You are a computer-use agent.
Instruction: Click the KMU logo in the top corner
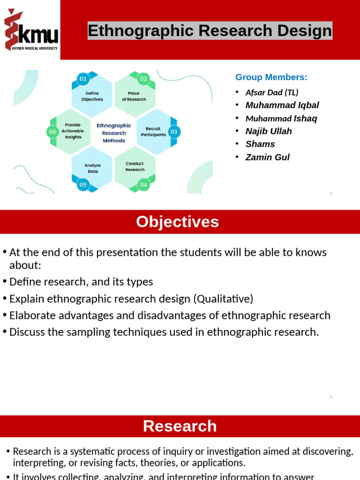coord(30,30)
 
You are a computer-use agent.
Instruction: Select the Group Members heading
coord(271,77)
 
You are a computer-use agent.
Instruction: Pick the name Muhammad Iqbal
coord(282,105)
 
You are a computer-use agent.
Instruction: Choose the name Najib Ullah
coord(269,131)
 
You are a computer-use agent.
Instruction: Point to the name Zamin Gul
coord(267,157)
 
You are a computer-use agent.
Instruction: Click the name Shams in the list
coord(260,144)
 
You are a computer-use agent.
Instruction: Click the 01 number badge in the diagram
coord(83,79)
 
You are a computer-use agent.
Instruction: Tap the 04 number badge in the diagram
coord(143,185)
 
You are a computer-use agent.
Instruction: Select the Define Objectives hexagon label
coord(92,96)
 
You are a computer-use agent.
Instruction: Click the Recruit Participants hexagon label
coord(153,131)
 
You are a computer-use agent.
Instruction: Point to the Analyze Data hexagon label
coord(92,168)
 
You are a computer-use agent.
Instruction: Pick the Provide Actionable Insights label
coord(73,131)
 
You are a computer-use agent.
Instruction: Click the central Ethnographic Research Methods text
coord(114,133)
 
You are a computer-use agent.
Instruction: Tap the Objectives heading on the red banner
coord(177,222)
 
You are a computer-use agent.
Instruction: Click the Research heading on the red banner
coord(180,426)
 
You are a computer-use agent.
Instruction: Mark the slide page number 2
coord(331,397)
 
